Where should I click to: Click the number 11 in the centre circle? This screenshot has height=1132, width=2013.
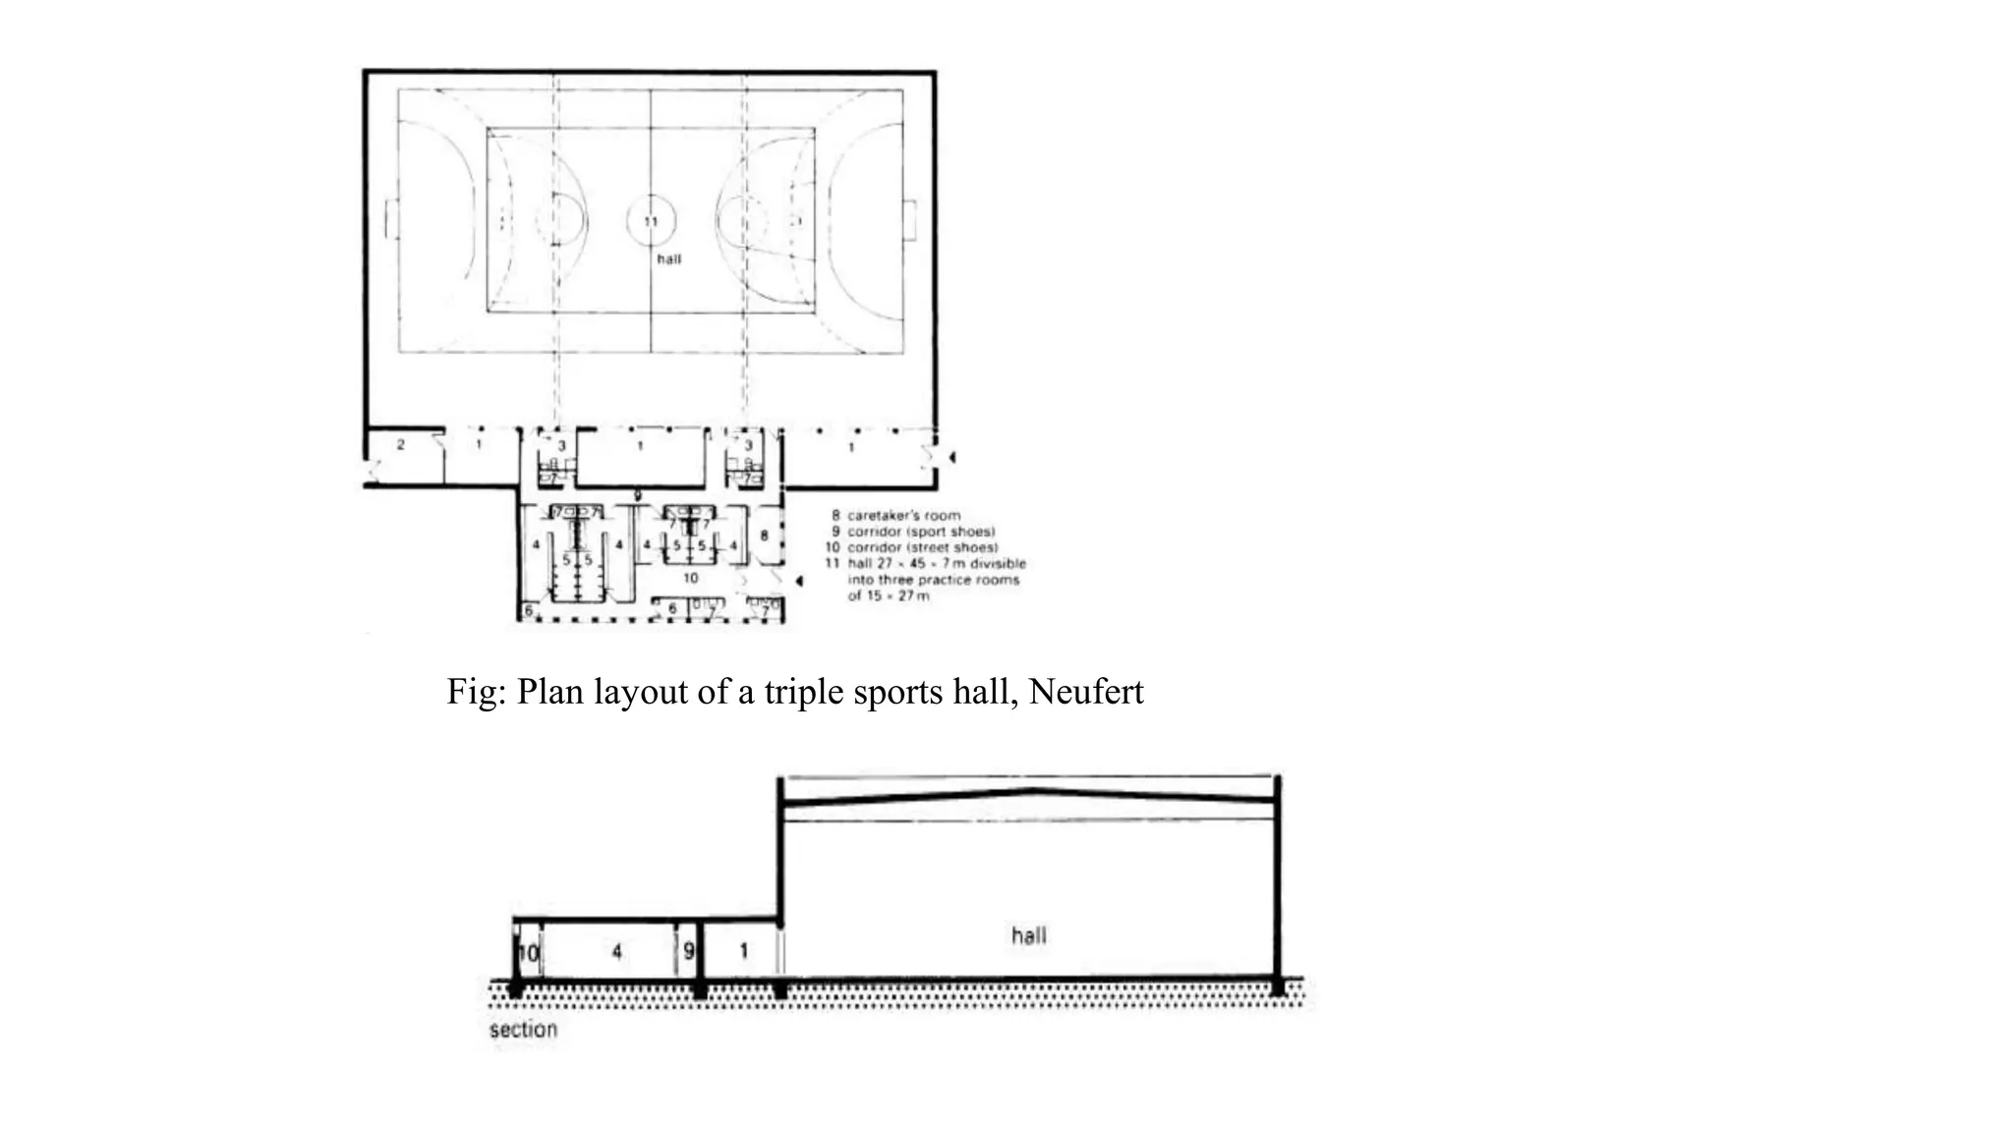click(x=651, y=222)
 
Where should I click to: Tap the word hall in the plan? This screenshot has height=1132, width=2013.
click(x=668, y=259)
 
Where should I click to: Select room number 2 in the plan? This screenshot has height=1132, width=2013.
click(x=400, y=445)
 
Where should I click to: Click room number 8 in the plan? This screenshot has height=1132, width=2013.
click(x=764, y=536)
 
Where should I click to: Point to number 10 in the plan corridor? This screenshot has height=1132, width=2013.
click(x=690, y=578)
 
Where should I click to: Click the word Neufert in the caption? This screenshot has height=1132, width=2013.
click(x=1086, y=692)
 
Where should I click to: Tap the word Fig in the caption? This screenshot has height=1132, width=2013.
click(x=470, y=692)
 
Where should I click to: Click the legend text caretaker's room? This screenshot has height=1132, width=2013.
click(x=903, y=515)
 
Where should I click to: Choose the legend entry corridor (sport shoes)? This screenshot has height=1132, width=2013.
click(x=921, y=532)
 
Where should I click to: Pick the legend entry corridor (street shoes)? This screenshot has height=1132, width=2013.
click(x=923, y=547)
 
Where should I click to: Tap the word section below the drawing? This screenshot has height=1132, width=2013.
click(x=523, y=1030)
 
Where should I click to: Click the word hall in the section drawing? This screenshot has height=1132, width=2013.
click(x=1029, y=935)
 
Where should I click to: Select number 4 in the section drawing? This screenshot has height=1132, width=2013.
click(x=616, y=951)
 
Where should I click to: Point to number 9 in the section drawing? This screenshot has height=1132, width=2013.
click(x=688, y=951)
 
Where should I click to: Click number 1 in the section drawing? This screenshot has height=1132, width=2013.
click(x=743, y=950)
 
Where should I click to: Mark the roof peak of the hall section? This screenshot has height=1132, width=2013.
click(x=1029, y=789)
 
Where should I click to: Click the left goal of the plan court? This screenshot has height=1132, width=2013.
click(x=391, y=218)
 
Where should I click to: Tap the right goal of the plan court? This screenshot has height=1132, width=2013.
click(x=910, y=218)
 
